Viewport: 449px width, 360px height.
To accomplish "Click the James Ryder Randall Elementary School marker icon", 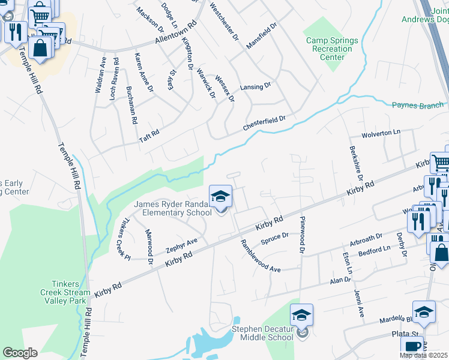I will [220, 197].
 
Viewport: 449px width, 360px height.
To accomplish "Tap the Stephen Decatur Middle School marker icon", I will [301, 315].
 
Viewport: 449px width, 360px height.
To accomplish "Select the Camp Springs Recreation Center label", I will [332, 49].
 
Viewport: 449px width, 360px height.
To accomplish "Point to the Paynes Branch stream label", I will [417, 106].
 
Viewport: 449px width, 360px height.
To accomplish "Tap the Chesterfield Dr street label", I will [264, 123].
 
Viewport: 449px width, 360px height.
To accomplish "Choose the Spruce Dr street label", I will [275, 239].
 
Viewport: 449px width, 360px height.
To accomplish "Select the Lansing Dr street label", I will [255, 87].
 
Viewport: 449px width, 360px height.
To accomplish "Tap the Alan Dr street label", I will [340, 280].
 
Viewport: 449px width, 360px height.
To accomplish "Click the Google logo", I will [20, 353].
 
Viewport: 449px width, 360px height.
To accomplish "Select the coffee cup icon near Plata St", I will [412, 347].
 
